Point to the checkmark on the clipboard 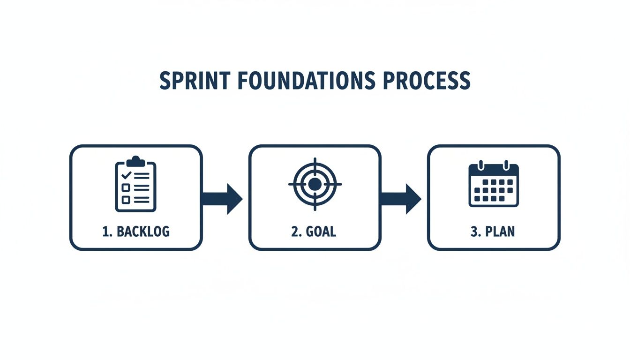point(126,175)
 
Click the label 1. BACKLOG point(136,232)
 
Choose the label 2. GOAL point(314,232)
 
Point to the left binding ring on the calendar point(480,165)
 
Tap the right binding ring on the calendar point(507,165)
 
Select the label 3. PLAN point(493,232)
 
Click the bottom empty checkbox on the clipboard point(126,200)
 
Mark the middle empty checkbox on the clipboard point(126,187)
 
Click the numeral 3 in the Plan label point(473,232)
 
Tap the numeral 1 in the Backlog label point(105,232)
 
